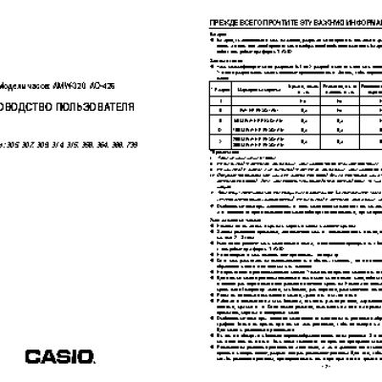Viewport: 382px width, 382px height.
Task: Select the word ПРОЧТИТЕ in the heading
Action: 269,18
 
